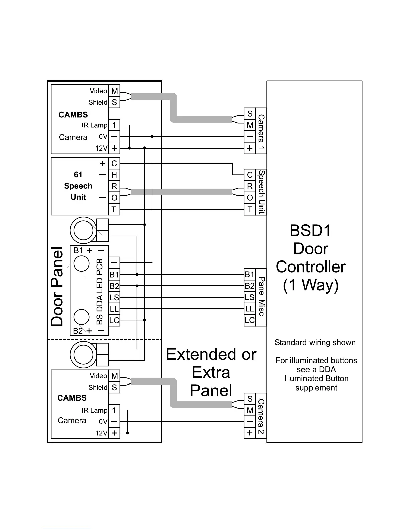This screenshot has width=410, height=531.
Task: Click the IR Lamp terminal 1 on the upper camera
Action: (114, 125)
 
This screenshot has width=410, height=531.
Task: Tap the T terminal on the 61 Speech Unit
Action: (114, 210)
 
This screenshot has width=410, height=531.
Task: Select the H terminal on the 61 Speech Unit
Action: (114, 175)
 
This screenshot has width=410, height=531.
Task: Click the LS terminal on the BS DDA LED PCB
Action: (114, 298)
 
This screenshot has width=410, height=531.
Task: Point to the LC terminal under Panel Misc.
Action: (250, 320)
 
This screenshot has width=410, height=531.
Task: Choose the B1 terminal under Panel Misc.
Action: (250, 275)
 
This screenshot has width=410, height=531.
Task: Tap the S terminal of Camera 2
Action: (250, 399)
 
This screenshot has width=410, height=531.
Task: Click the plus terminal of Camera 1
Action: (250, 148)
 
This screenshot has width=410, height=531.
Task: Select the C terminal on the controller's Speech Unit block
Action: (250, 175)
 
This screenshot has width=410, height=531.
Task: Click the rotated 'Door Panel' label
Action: (57, 287)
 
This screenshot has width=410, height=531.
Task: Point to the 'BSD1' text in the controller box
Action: (310, 231)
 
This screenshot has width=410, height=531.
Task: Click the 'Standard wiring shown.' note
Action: (316, 343)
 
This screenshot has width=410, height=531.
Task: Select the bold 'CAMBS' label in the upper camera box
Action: (73, 115)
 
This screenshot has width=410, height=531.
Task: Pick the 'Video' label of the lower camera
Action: (98, 376)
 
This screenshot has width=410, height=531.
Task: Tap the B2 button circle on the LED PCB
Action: (81, 317)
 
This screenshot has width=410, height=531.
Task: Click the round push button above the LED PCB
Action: (83, 230)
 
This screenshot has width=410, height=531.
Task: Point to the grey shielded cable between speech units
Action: (182, 192)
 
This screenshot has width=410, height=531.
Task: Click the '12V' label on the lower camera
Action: (101, 433)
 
